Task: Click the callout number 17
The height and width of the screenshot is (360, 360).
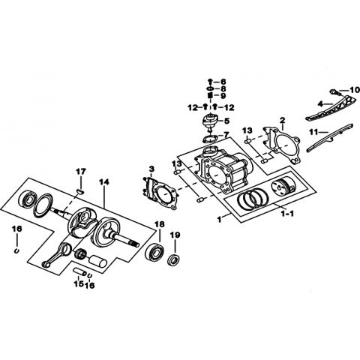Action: tap(81, 172)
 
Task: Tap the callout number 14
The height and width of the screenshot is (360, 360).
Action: tap(104, 182)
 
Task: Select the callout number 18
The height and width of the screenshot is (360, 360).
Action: tap(160, 224)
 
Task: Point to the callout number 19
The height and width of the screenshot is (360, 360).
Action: tap(175, 235)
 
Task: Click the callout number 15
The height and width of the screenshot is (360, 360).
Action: tap(78, 283)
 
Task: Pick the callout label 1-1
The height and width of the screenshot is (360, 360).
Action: tap(287, 214)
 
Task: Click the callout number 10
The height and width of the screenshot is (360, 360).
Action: tap(354, 90)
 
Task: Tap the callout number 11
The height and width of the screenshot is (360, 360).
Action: tap(313, 132)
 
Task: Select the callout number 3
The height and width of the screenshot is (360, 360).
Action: tap(151, 169)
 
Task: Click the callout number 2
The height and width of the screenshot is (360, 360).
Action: tap(282, 120)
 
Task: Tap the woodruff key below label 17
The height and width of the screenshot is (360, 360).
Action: tap(80, 192)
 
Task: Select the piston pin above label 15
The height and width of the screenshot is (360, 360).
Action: tap(79, 271)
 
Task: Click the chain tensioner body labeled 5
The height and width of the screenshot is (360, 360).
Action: tap(210, 121)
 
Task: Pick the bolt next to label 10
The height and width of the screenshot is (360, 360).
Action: tap(335, 92)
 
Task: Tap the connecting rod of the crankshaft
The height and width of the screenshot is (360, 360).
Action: tap(57, 255)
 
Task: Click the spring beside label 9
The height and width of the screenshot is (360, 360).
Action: tap(210, 95)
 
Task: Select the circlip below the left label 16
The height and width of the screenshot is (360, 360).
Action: tap(16, 250)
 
